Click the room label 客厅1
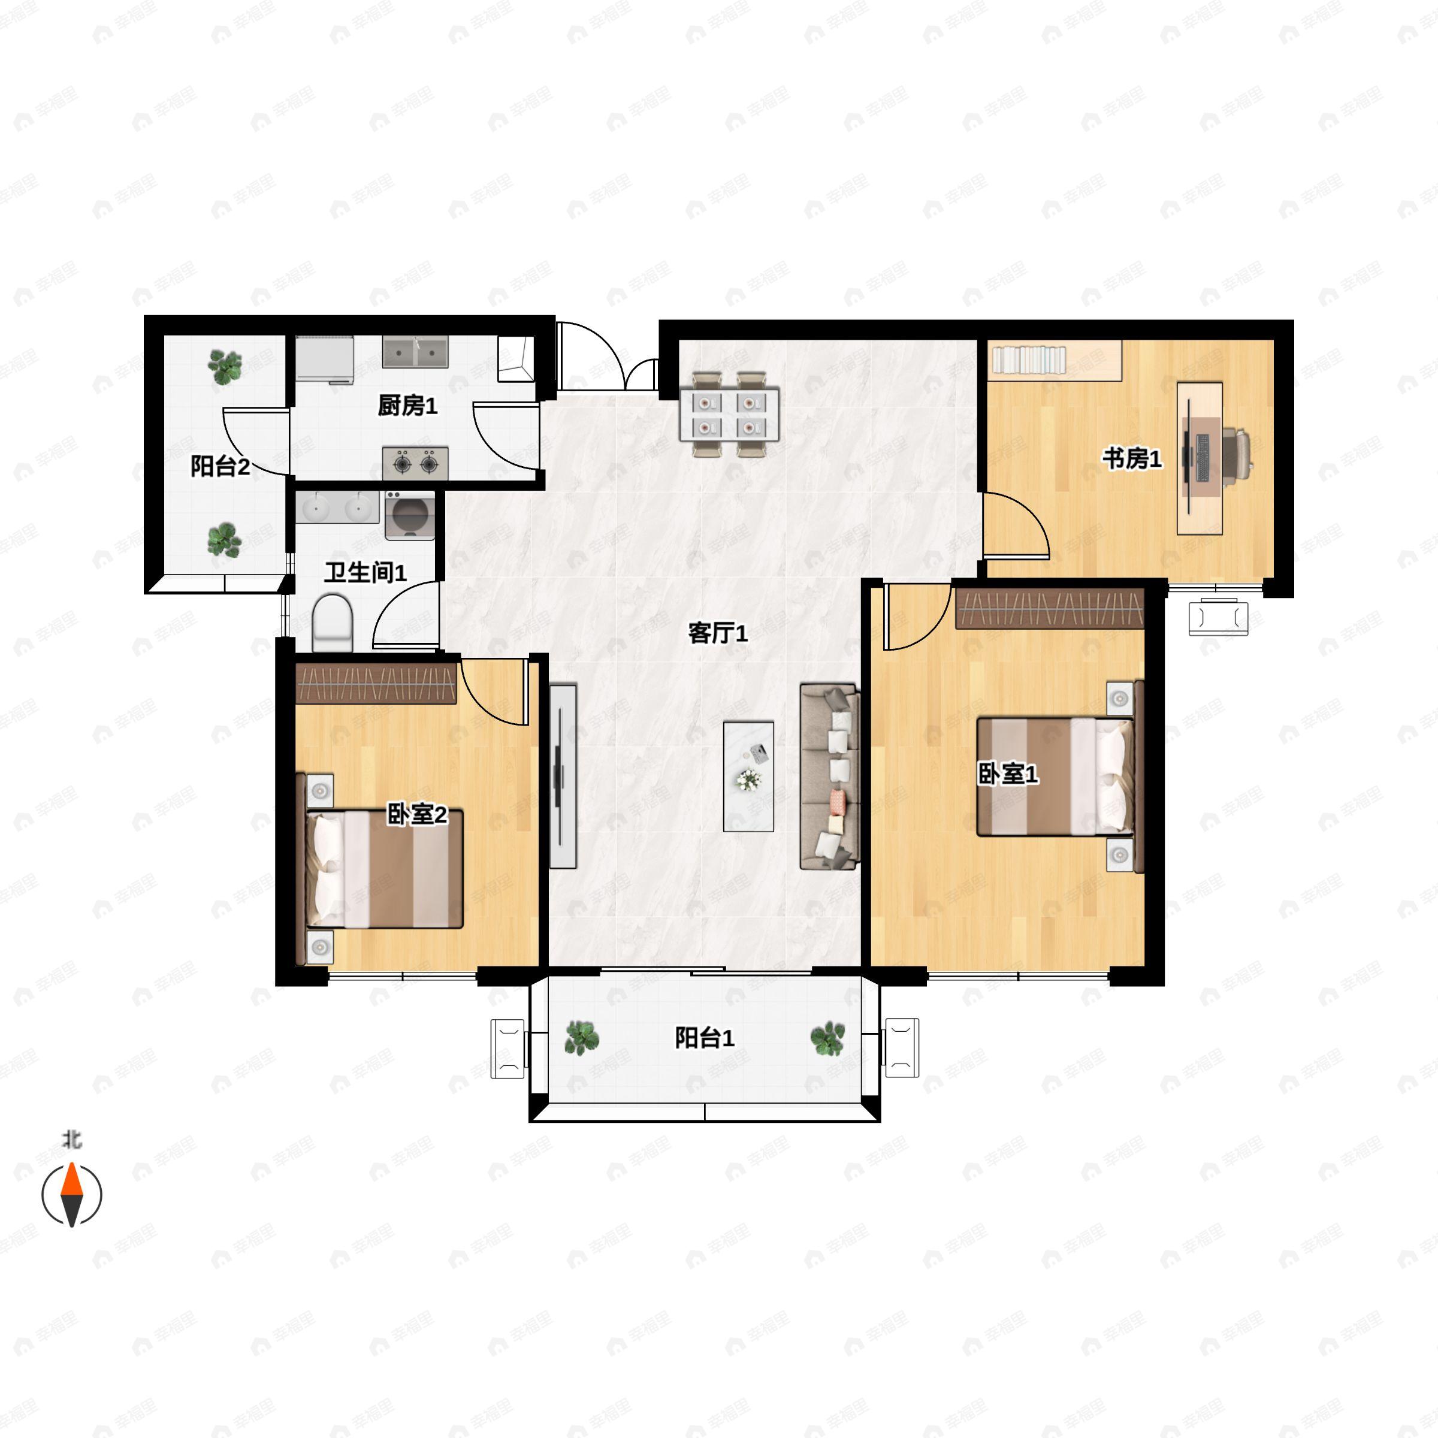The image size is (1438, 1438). tap(718, 633)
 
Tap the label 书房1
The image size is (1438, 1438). tap(1131, 458)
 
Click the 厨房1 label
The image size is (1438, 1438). tap(407, 405)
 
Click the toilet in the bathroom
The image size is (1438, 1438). tap(332, 623)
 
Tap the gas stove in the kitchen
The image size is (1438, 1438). tap(415, 463)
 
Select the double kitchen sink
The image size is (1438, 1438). tap(415, 351)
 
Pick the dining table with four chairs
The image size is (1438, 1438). tap(729, 414)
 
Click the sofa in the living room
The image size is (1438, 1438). tap(830, 777)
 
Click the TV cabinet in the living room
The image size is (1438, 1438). tap(563, 777)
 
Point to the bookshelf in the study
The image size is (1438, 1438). tap(1055, 360)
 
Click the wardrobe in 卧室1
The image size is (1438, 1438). tap(1050, 608)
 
